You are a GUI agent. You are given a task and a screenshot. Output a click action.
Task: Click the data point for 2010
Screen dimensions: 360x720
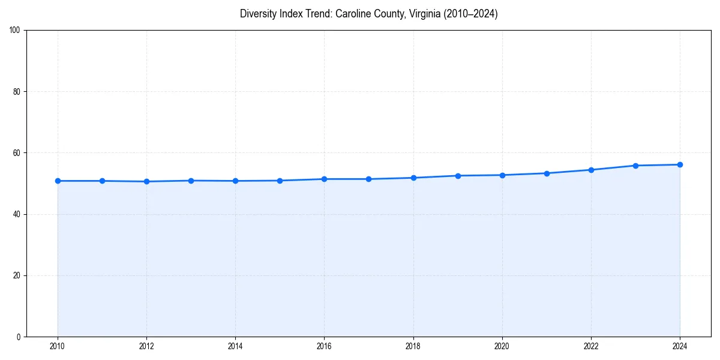pyautogui.click(x=58, y=181)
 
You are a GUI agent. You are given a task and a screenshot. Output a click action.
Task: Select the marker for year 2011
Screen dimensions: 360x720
pyautogui.click(x=102, y=181)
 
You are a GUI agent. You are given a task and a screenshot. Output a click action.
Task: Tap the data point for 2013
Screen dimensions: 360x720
pyautogui.click(x=191, y=181)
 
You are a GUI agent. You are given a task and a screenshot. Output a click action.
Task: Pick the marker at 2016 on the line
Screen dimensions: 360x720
pyautogui.click(x=324, y=179)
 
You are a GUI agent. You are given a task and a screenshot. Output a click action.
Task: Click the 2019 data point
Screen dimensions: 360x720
pyautogui.click(x=458, y=176)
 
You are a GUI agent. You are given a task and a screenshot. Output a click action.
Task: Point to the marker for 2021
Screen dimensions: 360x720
pyautogui.click(x=547, y=173)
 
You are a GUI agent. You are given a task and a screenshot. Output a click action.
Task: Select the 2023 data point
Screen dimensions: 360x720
pyautogui.click(x=635, y=166)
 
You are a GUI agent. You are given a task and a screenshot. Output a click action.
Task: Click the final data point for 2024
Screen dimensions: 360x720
pyautogui.click(x=680, y=164)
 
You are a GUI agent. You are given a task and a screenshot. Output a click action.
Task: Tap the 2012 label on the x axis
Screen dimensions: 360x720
pyautogui.click(x=146, y=346)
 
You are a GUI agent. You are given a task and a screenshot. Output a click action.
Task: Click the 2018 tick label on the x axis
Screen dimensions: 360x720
pyautogui.click(x=413, y=346)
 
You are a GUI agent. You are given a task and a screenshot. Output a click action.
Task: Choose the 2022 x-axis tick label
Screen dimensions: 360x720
pyautogui.click(x=591, y=346)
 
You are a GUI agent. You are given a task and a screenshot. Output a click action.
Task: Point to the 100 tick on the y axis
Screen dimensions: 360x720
pyautogui.click(x=16, y=31)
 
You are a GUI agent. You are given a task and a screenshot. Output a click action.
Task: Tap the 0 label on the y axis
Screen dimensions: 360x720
pyautogui.click(x=19, y=337)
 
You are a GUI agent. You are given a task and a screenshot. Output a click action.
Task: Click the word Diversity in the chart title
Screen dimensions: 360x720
pyautogui.click(x=257, y=14)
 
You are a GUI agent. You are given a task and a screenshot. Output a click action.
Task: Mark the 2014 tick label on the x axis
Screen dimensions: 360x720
pyautogui.click(x=235, y=346)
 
